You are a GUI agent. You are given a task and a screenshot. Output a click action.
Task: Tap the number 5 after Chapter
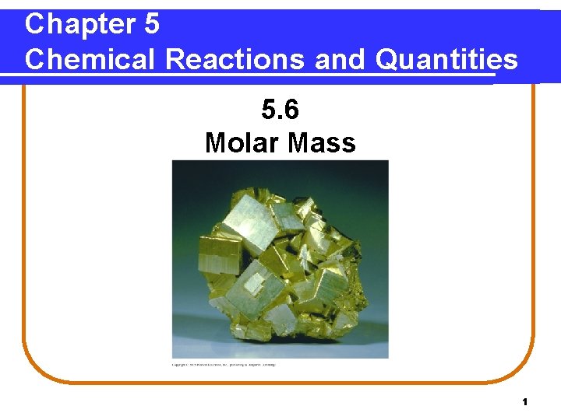152,24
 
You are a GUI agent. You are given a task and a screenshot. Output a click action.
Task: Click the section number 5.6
280,110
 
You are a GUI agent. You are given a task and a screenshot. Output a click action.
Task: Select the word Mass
322,142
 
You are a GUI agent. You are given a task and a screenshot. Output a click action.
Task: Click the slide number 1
525,402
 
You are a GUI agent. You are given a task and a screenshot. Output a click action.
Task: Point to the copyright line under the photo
224,364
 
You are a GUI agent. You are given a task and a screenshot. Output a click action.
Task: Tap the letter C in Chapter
34,24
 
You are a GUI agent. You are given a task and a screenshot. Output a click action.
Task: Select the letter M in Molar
216,142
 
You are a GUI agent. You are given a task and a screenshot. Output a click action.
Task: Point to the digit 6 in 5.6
291,110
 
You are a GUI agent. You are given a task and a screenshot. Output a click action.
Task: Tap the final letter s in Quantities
510,59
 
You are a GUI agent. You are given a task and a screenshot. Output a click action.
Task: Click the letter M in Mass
300,142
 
